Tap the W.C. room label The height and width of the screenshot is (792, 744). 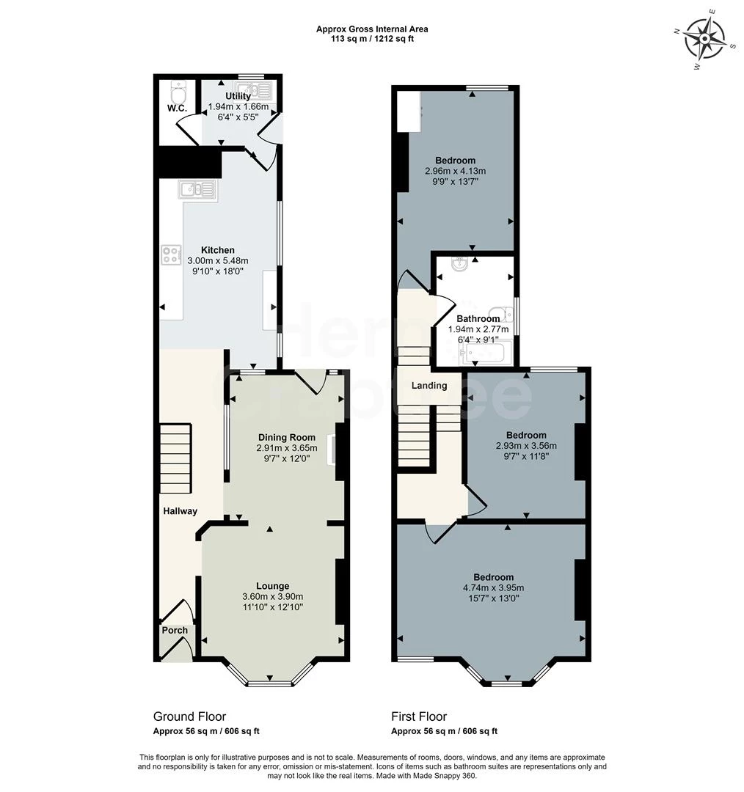click(x=177, y=109)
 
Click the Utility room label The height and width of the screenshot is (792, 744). click(x=238, y=96)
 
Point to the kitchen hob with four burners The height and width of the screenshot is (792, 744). click(x=172, y=254)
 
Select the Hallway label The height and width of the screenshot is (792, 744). click(x=180, y=511)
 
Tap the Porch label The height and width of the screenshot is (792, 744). click(x=175, y=630)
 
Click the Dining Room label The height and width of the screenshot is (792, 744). click(x=286, y=438)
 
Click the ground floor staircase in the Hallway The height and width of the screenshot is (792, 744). click(x=175, y=459)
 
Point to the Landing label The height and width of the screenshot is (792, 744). click(x=429, y=386)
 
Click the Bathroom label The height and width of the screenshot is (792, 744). click(x=478, y=319)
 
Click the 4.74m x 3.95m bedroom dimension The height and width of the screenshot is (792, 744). click(x=493, y=587)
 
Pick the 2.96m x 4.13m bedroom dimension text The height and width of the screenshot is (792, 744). click(x=455, y=171)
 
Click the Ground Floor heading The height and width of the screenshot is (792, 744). click(x=189, y=716)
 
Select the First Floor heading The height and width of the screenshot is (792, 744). click(x=419, y=716)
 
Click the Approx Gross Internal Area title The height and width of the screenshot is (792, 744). click(x=372, y=29)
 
